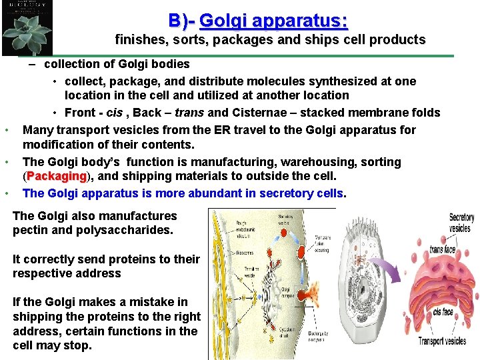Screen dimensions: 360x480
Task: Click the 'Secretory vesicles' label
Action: [461, 223]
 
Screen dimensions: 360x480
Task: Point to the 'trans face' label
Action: [442, 249]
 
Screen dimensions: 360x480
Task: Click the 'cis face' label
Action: [443, 312]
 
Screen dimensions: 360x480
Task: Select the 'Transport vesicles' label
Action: [442, 341]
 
